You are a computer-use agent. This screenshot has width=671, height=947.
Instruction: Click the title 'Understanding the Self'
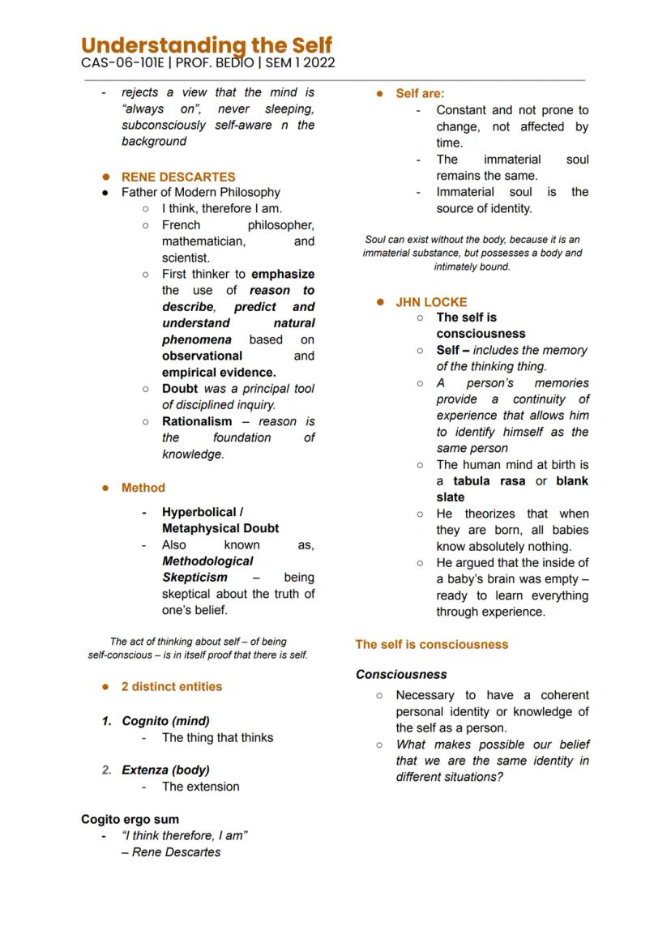pos(207,45)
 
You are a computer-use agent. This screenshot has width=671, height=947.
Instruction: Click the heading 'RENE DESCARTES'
pos(178,177)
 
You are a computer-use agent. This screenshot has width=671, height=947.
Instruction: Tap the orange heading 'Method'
pos(143,488)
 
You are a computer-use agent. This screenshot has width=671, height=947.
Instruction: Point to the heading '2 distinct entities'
pos(172,686)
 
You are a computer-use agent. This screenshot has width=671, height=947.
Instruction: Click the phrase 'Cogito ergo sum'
pos(130,819)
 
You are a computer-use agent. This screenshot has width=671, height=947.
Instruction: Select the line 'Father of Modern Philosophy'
pos(201,192)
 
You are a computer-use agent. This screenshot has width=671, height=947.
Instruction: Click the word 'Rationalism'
pos(197,421)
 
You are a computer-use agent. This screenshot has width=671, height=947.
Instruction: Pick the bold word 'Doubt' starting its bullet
pos(180,389)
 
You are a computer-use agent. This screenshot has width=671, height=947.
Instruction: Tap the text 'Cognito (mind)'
pos(165,721)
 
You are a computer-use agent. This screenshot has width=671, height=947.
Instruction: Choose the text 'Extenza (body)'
pos(165,770)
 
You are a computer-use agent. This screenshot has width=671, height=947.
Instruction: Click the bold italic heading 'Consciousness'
pos(401,674)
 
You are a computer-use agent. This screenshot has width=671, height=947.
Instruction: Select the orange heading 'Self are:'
pos(420,94)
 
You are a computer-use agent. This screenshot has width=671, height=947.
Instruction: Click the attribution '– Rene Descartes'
pos(171,852)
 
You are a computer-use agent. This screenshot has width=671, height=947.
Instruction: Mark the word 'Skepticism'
pos(194,578)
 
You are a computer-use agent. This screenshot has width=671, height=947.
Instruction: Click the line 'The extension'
pos(200,787)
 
